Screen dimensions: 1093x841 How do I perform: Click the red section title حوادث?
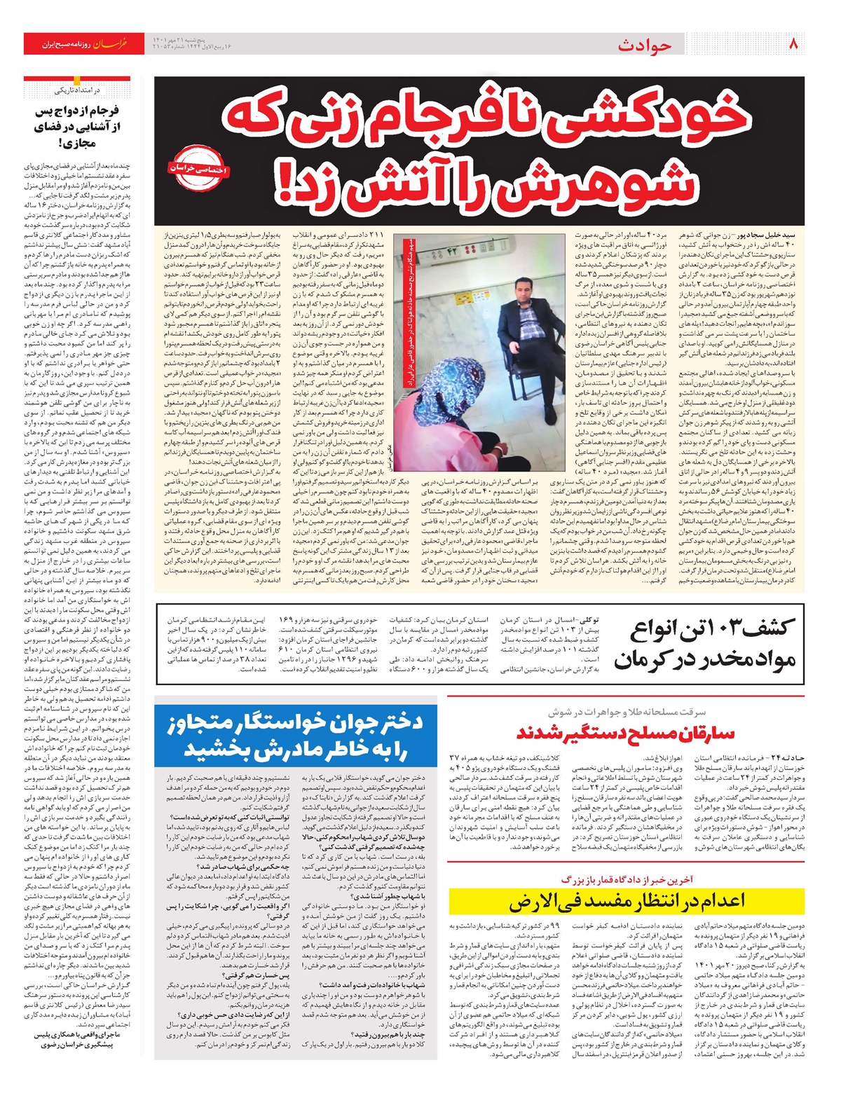coord(645,46)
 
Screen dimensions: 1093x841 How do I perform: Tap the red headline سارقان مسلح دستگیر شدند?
coord(625,734)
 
